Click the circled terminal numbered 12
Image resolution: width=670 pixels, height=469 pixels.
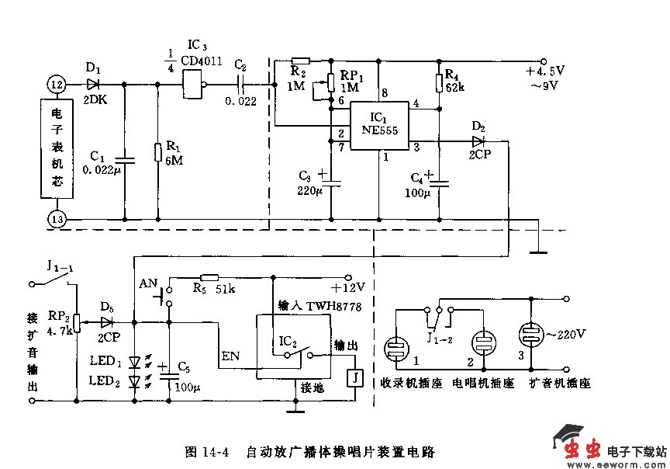56,83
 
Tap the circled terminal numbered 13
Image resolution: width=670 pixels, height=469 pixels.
56,220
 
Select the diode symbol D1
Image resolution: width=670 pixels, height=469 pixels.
93,83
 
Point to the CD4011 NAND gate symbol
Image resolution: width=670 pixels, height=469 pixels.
194,83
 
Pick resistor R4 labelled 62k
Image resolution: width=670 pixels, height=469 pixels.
439,81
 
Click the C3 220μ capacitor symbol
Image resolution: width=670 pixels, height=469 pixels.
332,182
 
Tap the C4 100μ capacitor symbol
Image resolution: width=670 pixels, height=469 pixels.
440,183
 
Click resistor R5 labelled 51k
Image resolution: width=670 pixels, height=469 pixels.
210,277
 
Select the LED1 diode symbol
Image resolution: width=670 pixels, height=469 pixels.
135,362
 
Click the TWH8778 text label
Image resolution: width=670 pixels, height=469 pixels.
338,307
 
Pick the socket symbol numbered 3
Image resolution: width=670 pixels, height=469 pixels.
533,339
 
